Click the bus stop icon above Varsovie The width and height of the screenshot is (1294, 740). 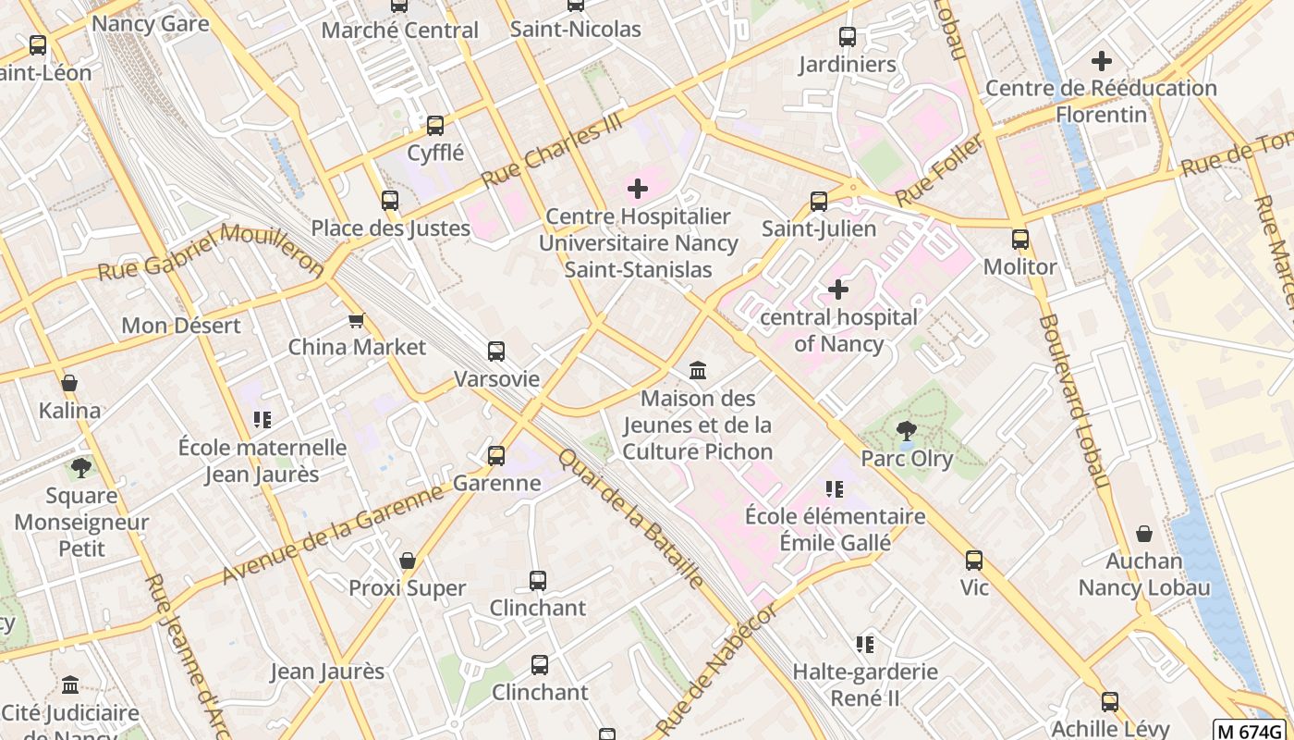tap(496, 351)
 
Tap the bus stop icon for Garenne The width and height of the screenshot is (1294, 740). tap(496, 455)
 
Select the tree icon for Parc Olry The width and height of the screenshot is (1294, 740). tap(907, 430)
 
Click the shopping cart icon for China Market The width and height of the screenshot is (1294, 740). tap(356, 320)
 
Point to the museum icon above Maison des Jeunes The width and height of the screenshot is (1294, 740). tap(698, 371)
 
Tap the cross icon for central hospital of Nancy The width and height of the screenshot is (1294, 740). tap(837, 290)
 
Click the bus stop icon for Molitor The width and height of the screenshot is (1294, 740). tap(1020, 240)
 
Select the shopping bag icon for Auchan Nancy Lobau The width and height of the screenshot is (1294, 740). tap(1144, 534)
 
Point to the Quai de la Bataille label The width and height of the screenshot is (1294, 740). tap(631, 519)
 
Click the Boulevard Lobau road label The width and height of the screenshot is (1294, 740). tap(1073, 401)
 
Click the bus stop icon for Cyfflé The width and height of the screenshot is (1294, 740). tap(435, 125)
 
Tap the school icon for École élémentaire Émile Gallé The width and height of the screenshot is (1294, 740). tap(835, 489)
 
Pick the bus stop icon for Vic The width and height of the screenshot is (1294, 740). tap(974, 561)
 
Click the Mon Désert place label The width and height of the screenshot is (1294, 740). tap(181, 326)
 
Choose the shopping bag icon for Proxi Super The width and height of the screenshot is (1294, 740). tap(408, 561)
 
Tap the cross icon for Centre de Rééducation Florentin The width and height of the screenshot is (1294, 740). tap(1101, 61)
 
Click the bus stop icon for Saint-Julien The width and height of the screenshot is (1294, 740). tap(819, 201)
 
